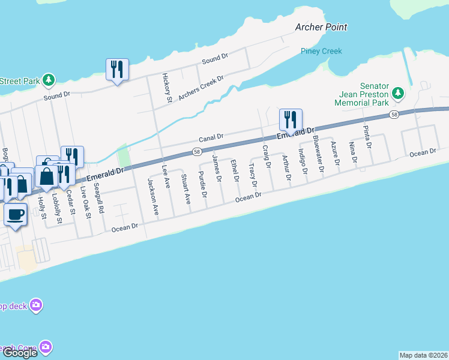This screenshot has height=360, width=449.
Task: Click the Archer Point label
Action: tap(321, 27)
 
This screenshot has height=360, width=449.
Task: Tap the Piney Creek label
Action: tap(321, 51)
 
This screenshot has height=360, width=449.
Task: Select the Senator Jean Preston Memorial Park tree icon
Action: tap(397, 94)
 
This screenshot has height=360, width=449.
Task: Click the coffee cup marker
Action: tap(16, 214)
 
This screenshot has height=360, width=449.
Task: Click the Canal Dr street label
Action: tap(211, 136)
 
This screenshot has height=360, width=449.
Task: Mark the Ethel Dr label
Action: tap(235, 170)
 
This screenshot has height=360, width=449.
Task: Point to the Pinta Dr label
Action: tap(367, 137)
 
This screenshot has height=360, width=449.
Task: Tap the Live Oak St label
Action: tap(87, 204)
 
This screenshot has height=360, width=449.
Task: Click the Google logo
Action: tap(20, 353)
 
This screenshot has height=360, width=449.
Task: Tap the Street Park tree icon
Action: tap(49, 80)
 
